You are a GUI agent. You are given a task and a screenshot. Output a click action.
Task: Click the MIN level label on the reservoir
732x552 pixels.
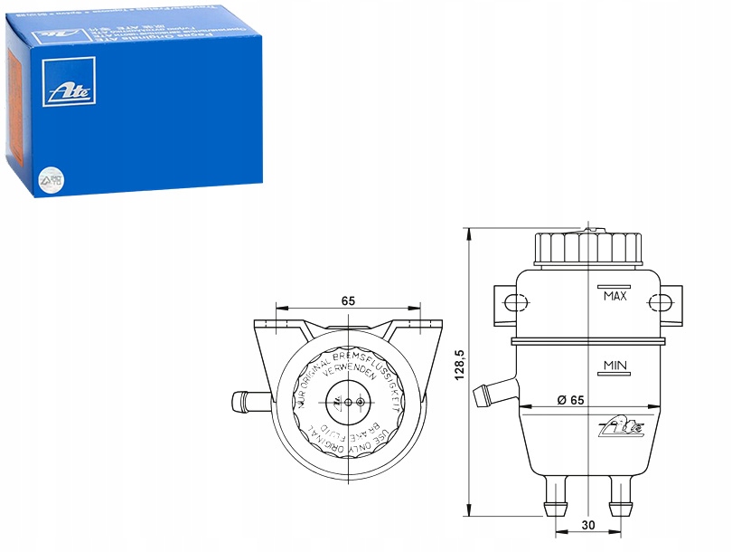(x=615, y=366)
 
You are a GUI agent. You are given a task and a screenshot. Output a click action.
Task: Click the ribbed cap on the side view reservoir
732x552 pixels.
(x=587, y=247)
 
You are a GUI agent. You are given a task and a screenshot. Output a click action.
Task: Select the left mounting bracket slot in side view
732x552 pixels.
(x=514, y=301)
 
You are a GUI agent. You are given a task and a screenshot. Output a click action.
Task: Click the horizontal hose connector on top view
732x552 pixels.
(x=247, y=397)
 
